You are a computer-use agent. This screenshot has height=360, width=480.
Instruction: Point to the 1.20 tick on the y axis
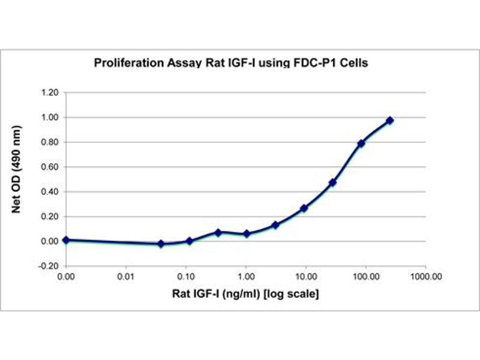pos(50,93)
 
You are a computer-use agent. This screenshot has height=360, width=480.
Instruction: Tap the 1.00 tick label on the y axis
pos(50,118)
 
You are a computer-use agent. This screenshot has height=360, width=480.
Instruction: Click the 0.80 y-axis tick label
pos(50,142)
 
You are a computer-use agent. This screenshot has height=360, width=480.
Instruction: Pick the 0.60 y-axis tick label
pos(50,167)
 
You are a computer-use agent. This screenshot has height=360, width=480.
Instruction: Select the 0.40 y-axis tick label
pos(50,192)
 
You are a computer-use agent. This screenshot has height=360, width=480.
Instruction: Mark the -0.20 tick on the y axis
pos(49,266)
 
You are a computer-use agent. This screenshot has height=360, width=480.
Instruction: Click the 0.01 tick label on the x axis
pos(126,277)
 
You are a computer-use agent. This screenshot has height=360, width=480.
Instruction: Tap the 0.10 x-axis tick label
pos(186,277)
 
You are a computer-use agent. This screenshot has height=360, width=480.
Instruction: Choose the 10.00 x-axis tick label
pos(306,277)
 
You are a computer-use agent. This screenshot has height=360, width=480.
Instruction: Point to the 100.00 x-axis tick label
pos(366,277)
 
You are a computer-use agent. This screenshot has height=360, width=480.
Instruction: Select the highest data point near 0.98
pos(390,121)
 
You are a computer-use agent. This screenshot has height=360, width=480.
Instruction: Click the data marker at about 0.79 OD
pos(361,143)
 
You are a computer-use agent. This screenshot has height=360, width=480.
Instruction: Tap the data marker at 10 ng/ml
pos(304,208)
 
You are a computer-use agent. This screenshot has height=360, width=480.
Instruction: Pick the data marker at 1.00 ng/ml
pos(247,233)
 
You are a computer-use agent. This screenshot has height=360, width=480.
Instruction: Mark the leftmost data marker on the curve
pos(66,240)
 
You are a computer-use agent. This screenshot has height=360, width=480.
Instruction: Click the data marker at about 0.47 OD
pos(332,182)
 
